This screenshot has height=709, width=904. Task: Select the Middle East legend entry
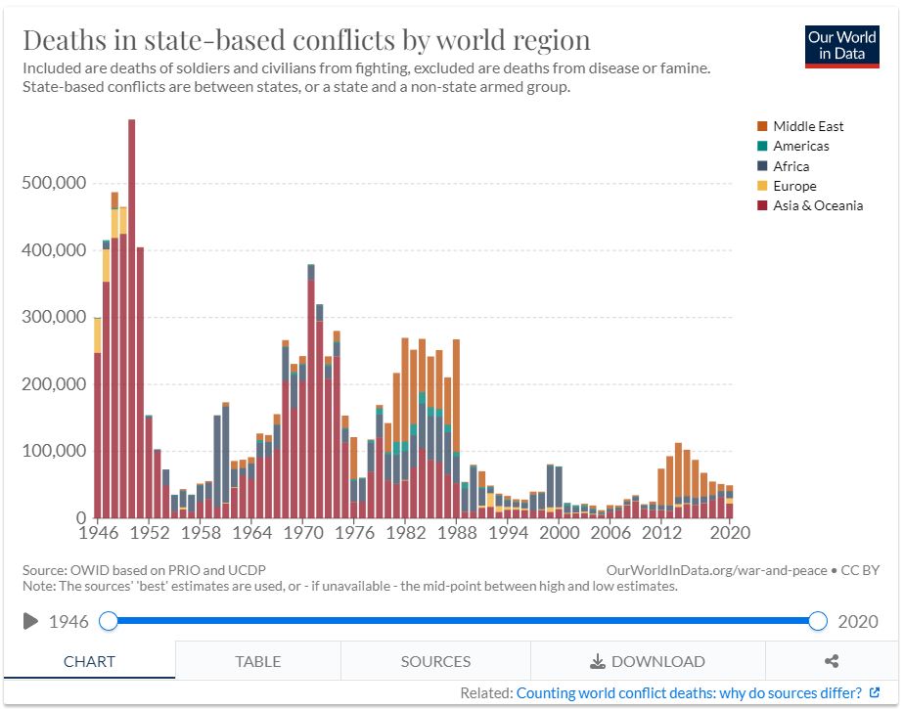pyautogui.click(x=808, y=126)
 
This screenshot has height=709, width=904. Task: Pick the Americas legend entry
pyautogui.click(x=800, y=146)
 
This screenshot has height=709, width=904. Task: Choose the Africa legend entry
pyautogui.click(x=791, y=166)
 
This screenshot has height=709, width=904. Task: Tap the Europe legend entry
pyautogui.click(x=793, y=186)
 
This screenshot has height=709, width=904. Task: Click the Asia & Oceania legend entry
pyautogui.click(x=818, y=205)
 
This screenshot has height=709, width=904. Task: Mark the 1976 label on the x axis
pyautogui.click(x=361, y=533)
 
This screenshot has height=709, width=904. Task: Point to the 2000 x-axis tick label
pyautogui.click(x=559, y=533)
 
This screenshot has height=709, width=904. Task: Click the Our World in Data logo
pyautogui.click(x=841, y=45)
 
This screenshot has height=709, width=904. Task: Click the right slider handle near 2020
pyautogui.click(x=818, y=621)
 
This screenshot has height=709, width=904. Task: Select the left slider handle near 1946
pyautogui.click(x=109, y=621)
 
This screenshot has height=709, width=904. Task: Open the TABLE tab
pyautogui.click(x=258, y=661)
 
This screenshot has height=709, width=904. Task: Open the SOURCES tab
pyautogui.click(x=435, y=661)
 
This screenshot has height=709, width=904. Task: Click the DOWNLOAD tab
pyautogui.click(x=648, y=661)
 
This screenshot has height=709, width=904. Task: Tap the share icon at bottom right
pyautogui.click(x=832, y=661)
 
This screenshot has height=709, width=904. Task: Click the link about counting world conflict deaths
pyautogui.click(x=689, y=693)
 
